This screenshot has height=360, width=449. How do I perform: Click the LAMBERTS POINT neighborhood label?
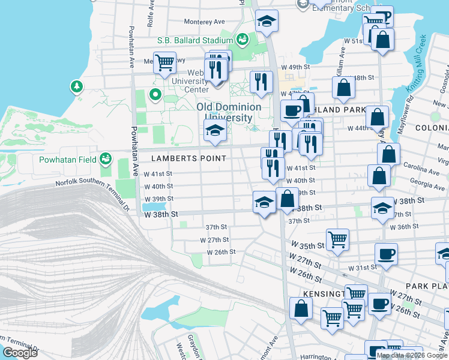[180, 158]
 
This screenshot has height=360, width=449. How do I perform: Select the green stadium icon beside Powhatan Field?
[106, 159]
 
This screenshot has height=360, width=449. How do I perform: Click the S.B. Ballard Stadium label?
[195, 40]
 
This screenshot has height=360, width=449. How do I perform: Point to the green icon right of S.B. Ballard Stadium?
[243, 40]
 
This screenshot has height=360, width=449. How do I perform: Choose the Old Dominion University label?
[229, 112]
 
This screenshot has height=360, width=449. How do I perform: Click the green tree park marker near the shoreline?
[77, 87]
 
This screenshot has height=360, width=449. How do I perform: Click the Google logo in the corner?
[20, 353]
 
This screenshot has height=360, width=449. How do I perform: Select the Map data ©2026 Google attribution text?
[412, 355]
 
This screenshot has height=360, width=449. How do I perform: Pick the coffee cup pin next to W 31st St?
[387, 254]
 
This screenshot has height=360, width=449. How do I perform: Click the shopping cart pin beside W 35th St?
[338, 239]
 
